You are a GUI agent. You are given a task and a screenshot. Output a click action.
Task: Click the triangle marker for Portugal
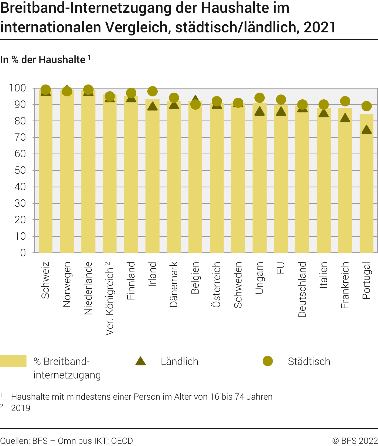366,130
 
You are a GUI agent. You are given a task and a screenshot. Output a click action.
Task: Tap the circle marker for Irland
152,91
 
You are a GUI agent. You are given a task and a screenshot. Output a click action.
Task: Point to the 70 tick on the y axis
20,138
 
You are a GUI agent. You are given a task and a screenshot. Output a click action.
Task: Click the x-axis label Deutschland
302,289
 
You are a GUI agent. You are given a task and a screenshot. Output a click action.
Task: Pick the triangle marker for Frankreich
345,118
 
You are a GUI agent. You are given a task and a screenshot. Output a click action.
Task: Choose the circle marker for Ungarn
260,98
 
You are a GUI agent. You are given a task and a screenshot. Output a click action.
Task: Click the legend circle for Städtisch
268,361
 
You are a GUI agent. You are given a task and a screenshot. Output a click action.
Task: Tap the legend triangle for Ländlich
141,361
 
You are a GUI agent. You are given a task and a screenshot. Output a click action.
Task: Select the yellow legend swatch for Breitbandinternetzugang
13,361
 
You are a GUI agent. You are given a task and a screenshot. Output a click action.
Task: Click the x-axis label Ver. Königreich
110,298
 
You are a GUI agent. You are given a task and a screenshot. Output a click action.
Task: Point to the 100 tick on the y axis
18,88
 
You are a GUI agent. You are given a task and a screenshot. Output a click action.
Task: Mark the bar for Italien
324,181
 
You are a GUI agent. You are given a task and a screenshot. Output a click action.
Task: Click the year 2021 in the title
320,27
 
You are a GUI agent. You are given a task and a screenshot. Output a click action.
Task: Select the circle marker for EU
281,100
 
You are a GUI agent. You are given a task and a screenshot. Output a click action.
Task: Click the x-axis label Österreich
217,284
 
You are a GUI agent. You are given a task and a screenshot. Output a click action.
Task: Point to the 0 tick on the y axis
23,253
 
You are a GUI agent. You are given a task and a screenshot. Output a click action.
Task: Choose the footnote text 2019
21,408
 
